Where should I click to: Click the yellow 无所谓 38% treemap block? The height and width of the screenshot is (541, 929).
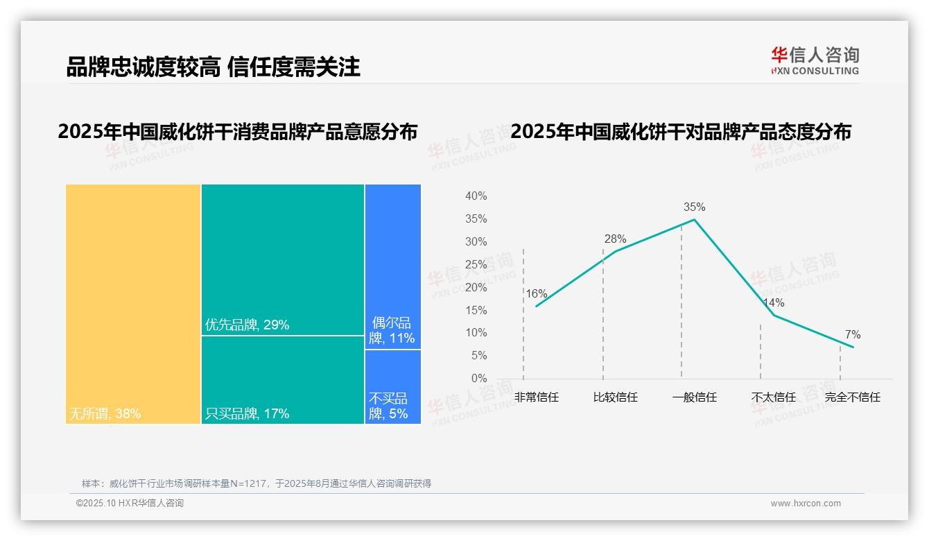point(133,303)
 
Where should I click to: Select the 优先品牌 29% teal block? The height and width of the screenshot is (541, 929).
point(283,259)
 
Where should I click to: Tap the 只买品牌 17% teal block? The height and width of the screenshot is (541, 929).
point(283,379)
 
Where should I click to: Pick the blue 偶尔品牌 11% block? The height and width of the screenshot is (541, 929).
point(392,266)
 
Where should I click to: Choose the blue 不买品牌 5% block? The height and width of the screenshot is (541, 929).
point(392,386)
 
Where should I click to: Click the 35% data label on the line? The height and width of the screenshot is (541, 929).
point(694,207)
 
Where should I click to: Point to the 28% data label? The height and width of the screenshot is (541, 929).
point(615,239)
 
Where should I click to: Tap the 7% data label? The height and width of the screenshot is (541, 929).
point(852,335)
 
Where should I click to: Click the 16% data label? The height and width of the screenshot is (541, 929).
point(536,293)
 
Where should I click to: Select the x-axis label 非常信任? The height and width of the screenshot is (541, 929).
point(536,397)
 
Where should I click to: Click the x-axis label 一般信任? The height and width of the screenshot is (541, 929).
point(694,397)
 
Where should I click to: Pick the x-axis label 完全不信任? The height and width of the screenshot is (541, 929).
point(852,397)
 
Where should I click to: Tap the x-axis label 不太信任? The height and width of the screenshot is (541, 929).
point(773,397)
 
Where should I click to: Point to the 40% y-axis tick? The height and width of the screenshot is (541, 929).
point(476,196)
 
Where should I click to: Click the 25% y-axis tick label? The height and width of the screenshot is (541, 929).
point(476,264)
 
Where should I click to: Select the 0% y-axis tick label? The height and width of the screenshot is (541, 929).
point(479,379)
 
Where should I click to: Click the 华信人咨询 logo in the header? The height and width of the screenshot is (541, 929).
point(815,60)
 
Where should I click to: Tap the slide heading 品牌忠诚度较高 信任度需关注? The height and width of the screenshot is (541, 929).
point(214,67)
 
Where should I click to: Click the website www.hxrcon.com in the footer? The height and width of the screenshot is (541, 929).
point(806,504)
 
